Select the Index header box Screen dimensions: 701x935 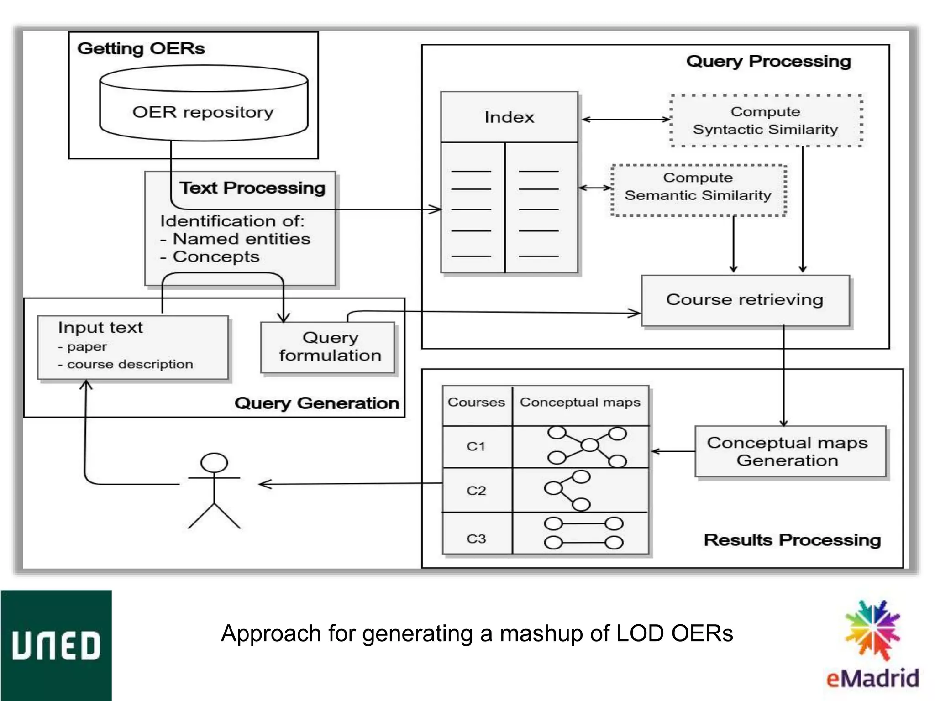point(509,117)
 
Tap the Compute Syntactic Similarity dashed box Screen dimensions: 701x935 point(766,121)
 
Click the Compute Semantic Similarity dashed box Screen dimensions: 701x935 point(698,190)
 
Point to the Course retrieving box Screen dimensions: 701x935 point(745,300)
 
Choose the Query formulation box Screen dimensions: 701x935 point(328,347)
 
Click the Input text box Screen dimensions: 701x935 point(132,347)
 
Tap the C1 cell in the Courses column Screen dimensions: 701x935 point(476,446)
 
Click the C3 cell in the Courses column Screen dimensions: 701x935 point(476,539)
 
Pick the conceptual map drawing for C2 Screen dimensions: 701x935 point(567,491)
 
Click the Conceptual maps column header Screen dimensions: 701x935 point(580,403)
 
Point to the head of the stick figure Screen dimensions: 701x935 point(214,463)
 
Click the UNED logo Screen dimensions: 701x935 point(56,645)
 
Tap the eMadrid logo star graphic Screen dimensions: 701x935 point(872,630)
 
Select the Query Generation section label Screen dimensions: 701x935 point(316,403)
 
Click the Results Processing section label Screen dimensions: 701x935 point(792,540)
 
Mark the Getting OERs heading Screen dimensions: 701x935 point(141,48)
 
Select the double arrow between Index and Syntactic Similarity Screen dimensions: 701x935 point(625,120)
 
